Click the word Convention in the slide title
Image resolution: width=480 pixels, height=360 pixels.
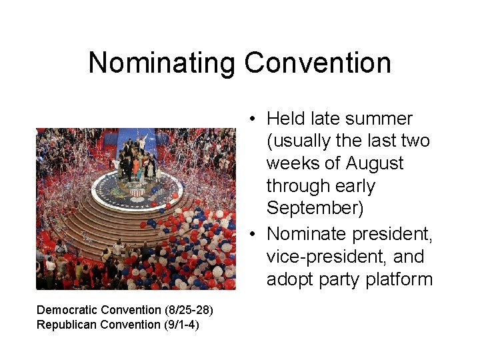click(x=317, y=63)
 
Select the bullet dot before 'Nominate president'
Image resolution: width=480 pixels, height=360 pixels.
click(x=254, y=235)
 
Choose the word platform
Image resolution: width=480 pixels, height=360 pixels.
click(x=399, y=279)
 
